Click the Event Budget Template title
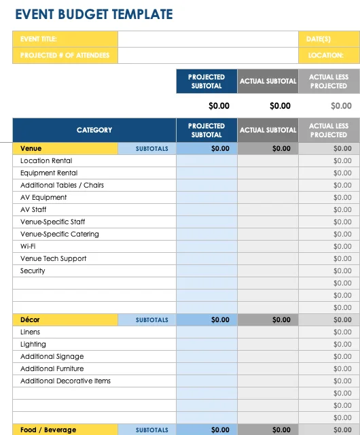94,14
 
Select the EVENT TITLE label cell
39,39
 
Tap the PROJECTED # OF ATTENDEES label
65,56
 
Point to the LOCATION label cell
325,56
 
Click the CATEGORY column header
94,130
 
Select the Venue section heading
31,148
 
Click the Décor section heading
31,319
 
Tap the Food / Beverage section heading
48,430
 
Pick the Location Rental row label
46,160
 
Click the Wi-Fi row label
28,246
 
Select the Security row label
33,271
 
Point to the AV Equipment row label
43,197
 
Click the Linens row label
30,332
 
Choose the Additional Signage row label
52,356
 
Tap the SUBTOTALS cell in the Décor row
152,319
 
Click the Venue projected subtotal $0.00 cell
220,148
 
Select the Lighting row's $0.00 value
342,344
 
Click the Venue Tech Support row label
53,258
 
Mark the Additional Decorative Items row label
65,381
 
